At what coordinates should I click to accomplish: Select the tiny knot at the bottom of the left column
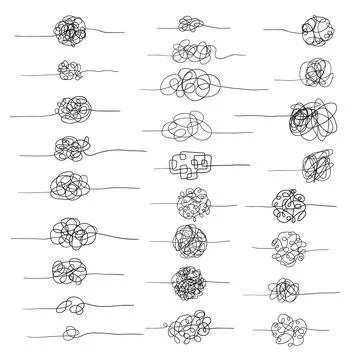[71, 331]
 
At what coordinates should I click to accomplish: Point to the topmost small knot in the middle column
[188, 22]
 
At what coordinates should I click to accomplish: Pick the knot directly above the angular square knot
[190, 127]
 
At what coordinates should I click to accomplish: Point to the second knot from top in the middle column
[188, 49]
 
